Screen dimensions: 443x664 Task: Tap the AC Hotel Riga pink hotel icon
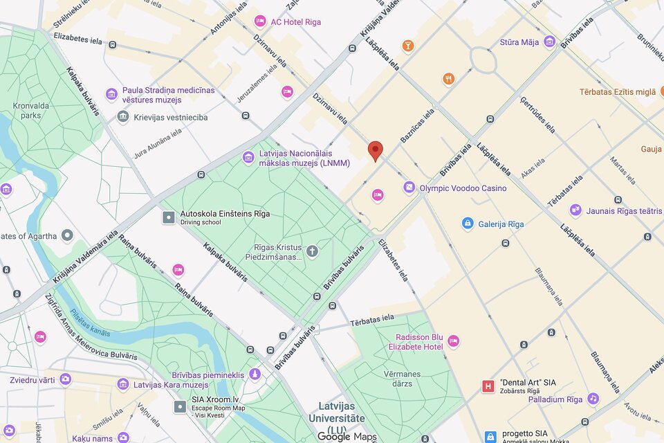pyautogui.click(x=260, y=21)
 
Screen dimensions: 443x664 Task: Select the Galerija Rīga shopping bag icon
pyautogui.click(x=468, y=224)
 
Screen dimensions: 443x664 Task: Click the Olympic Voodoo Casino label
pyautogui.click(x=463, y=188)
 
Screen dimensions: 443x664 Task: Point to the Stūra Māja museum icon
pyautogui.click(x=550, y=42)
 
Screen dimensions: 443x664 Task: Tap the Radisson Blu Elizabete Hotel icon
pyautogui.click(x=453, y=341)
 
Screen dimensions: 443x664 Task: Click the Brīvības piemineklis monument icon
pyautogui.click(x=255, y=374)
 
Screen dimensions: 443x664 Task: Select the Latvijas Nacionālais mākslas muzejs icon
pyautogui.click(x=248, y=158)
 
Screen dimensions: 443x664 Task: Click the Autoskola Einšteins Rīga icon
pyautogui.click(x=169, y=217)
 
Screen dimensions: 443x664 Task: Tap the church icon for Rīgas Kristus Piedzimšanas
pyautogui.click(x=312, y=251)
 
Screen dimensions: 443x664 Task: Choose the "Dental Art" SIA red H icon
pyautogui.click(x=488, y=386)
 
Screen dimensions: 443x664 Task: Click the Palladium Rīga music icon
pyautogui.click(x=593, y=399)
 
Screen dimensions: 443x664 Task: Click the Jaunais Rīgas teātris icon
pyautogui.click(x=575, y=210)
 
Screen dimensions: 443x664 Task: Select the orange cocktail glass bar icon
pyautogui.click(x=408, y=46)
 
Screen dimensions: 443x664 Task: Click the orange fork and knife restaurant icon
pyautogui.click(x=449, y=79)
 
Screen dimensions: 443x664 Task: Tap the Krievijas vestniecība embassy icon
pyautogui.click(x=123, y=117)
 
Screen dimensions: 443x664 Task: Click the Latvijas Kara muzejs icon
pyautogui.click(x=123, y=384)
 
